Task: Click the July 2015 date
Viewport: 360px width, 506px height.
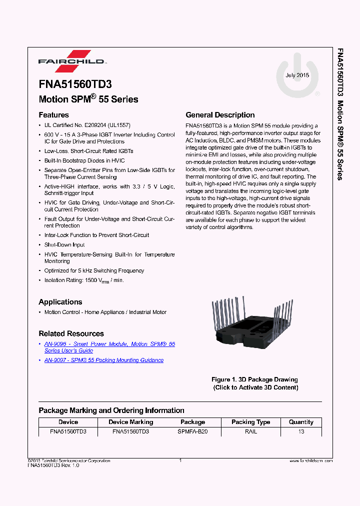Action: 297,75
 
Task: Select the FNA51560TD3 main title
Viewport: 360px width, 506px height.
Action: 75,85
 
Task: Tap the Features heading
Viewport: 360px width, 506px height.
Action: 53,115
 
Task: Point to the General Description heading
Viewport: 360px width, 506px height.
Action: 220,115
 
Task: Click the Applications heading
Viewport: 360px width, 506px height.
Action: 60,302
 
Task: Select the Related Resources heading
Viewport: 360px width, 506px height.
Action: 71,333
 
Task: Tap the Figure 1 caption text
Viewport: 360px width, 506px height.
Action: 254,383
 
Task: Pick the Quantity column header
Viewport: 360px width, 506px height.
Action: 301,422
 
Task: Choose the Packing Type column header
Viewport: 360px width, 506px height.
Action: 251,422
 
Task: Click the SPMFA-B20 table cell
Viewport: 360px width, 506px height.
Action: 192,431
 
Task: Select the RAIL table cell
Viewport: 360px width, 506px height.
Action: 251,431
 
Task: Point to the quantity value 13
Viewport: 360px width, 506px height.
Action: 301,431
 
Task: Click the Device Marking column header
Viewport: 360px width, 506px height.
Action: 131,422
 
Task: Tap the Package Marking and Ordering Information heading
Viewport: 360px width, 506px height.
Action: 111,410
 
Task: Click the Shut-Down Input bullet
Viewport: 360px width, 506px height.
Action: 64,245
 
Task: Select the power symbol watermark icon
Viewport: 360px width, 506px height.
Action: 298,77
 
